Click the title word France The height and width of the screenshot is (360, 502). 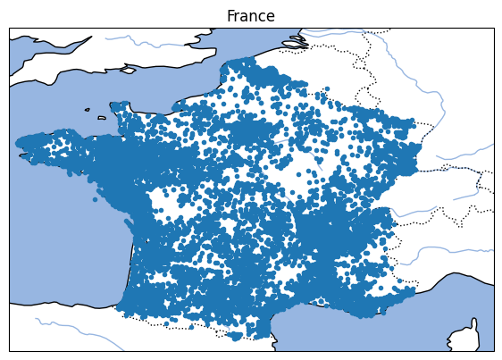point(250,16)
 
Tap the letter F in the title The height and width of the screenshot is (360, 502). point(230,16)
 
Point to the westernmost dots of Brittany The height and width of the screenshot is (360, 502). point(21,142)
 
